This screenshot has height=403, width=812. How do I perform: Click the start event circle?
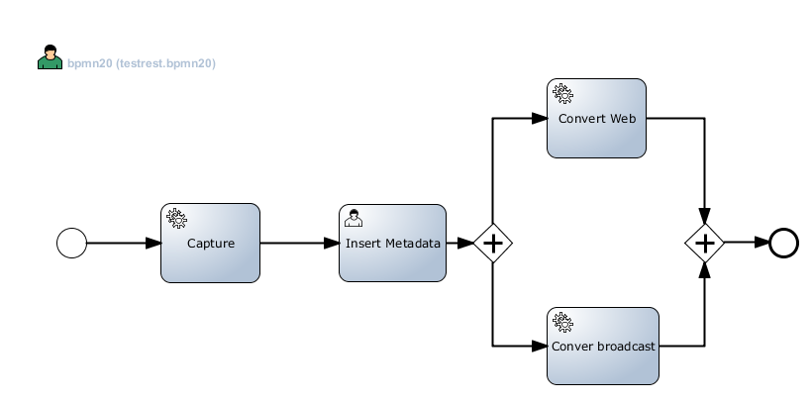(71, 243)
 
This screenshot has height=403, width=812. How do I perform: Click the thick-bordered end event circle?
(783, 242)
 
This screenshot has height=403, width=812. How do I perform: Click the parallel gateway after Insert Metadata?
(492, 243)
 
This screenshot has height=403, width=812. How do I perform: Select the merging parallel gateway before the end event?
(705, 242)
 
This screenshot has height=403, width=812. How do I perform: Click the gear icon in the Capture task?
(176, 218)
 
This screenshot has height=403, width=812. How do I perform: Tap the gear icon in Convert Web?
(562, 94)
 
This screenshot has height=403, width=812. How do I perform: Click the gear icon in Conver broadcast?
(562, 322)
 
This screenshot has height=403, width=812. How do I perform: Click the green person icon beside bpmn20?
(50, 58)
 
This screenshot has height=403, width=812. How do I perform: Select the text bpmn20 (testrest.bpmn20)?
(142, 63)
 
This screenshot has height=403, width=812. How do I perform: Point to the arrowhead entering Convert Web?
(540, 118)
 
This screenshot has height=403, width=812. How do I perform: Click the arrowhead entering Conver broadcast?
(540, 346)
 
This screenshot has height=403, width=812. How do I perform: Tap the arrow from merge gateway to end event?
(746, 242)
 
